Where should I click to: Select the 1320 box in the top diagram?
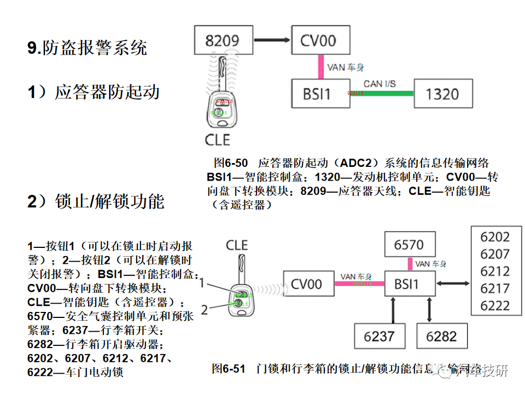click(443, 94)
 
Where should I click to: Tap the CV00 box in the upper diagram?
click(318, 40)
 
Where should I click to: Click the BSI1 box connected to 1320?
click(318, 94)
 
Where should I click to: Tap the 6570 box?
click(409, 245)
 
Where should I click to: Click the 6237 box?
click(379, 336)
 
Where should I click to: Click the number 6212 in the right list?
click(495, 271)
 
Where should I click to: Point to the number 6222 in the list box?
click(495, 305)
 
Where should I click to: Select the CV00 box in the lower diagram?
click(306, 284)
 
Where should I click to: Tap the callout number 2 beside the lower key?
click(204, 310)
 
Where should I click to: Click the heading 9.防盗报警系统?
click(87, 48)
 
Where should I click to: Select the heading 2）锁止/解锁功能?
click(96, 201)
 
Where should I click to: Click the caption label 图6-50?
click(230, 163)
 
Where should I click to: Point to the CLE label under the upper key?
click(218, 140)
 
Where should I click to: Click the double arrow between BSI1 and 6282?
click(428, 310)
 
